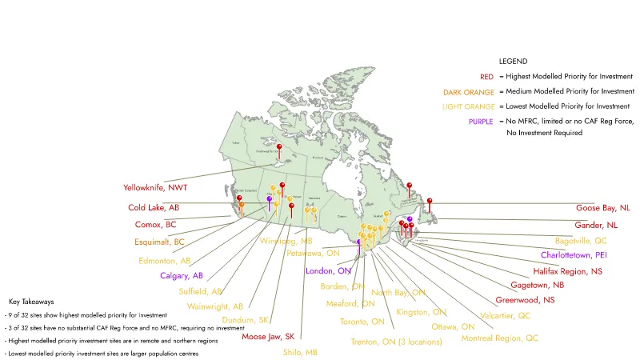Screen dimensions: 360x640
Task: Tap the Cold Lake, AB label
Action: point(153,207)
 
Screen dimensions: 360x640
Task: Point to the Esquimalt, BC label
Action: point(158,242)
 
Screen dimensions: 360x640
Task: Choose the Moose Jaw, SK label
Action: point(268,337)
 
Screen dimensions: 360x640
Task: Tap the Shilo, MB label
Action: point(300,352)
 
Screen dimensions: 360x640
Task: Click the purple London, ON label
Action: point(328,271)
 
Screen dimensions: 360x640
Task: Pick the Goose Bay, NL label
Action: point(602,208)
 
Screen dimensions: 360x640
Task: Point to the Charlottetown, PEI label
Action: point(574,255)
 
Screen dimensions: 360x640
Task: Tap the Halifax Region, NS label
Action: point(567,272)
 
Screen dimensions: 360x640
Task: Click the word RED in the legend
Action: point(486,77)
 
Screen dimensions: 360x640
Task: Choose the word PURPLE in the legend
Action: point(480,121)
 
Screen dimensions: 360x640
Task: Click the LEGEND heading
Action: point(514,61)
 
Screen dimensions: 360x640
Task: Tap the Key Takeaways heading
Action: point(31,302)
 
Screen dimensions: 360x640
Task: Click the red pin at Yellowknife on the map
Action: point(279,149)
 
